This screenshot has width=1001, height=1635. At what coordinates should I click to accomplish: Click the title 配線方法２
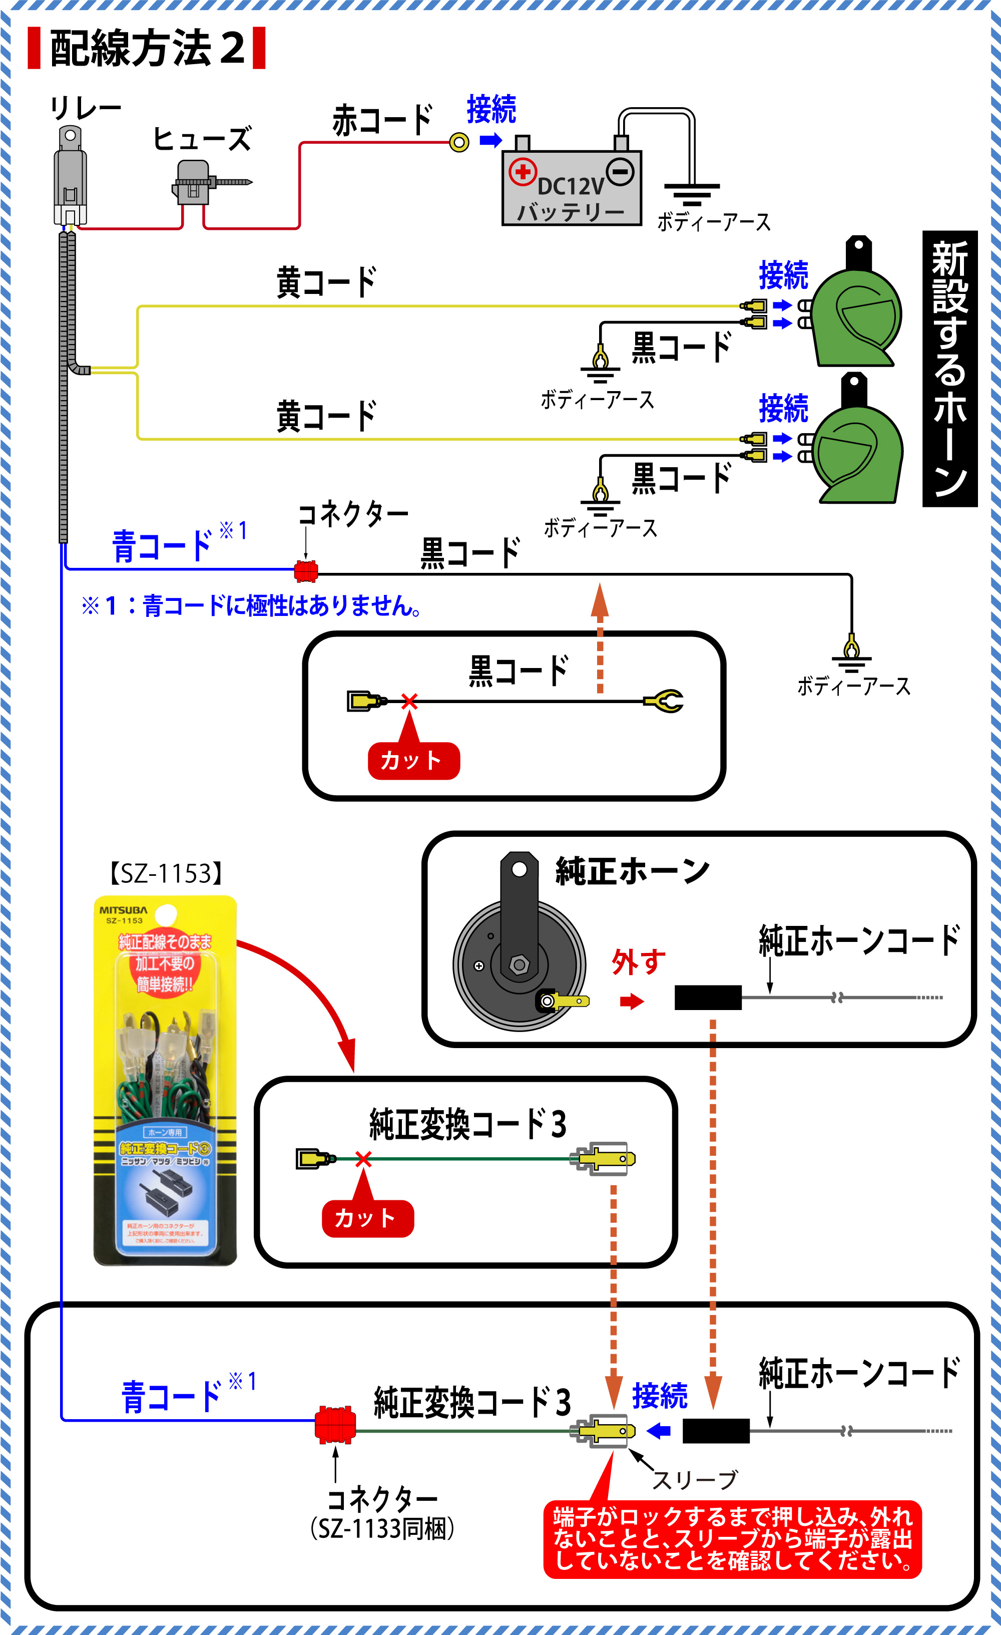(147, 48)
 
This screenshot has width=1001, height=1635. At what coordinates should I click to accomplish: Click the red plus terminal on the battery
(523, 171)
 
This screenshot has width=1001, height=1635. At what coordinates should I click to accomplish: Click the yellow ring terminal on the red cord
(459, 142)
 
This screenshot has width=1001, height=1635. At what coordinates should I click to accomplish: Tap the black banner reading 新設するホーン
(949, 369)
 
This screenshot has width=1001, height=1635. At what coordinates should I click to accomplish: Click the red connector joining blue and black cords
(306, 571)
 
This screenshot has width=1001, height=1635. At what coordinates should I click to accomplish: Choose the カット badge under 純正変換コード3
(367, 1218)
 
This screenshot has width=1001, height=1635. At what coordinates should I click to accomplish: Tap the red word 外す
(638, 962)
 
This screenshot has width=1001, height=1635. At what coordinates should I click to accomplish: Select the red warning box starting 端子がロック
(732, 1539)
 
